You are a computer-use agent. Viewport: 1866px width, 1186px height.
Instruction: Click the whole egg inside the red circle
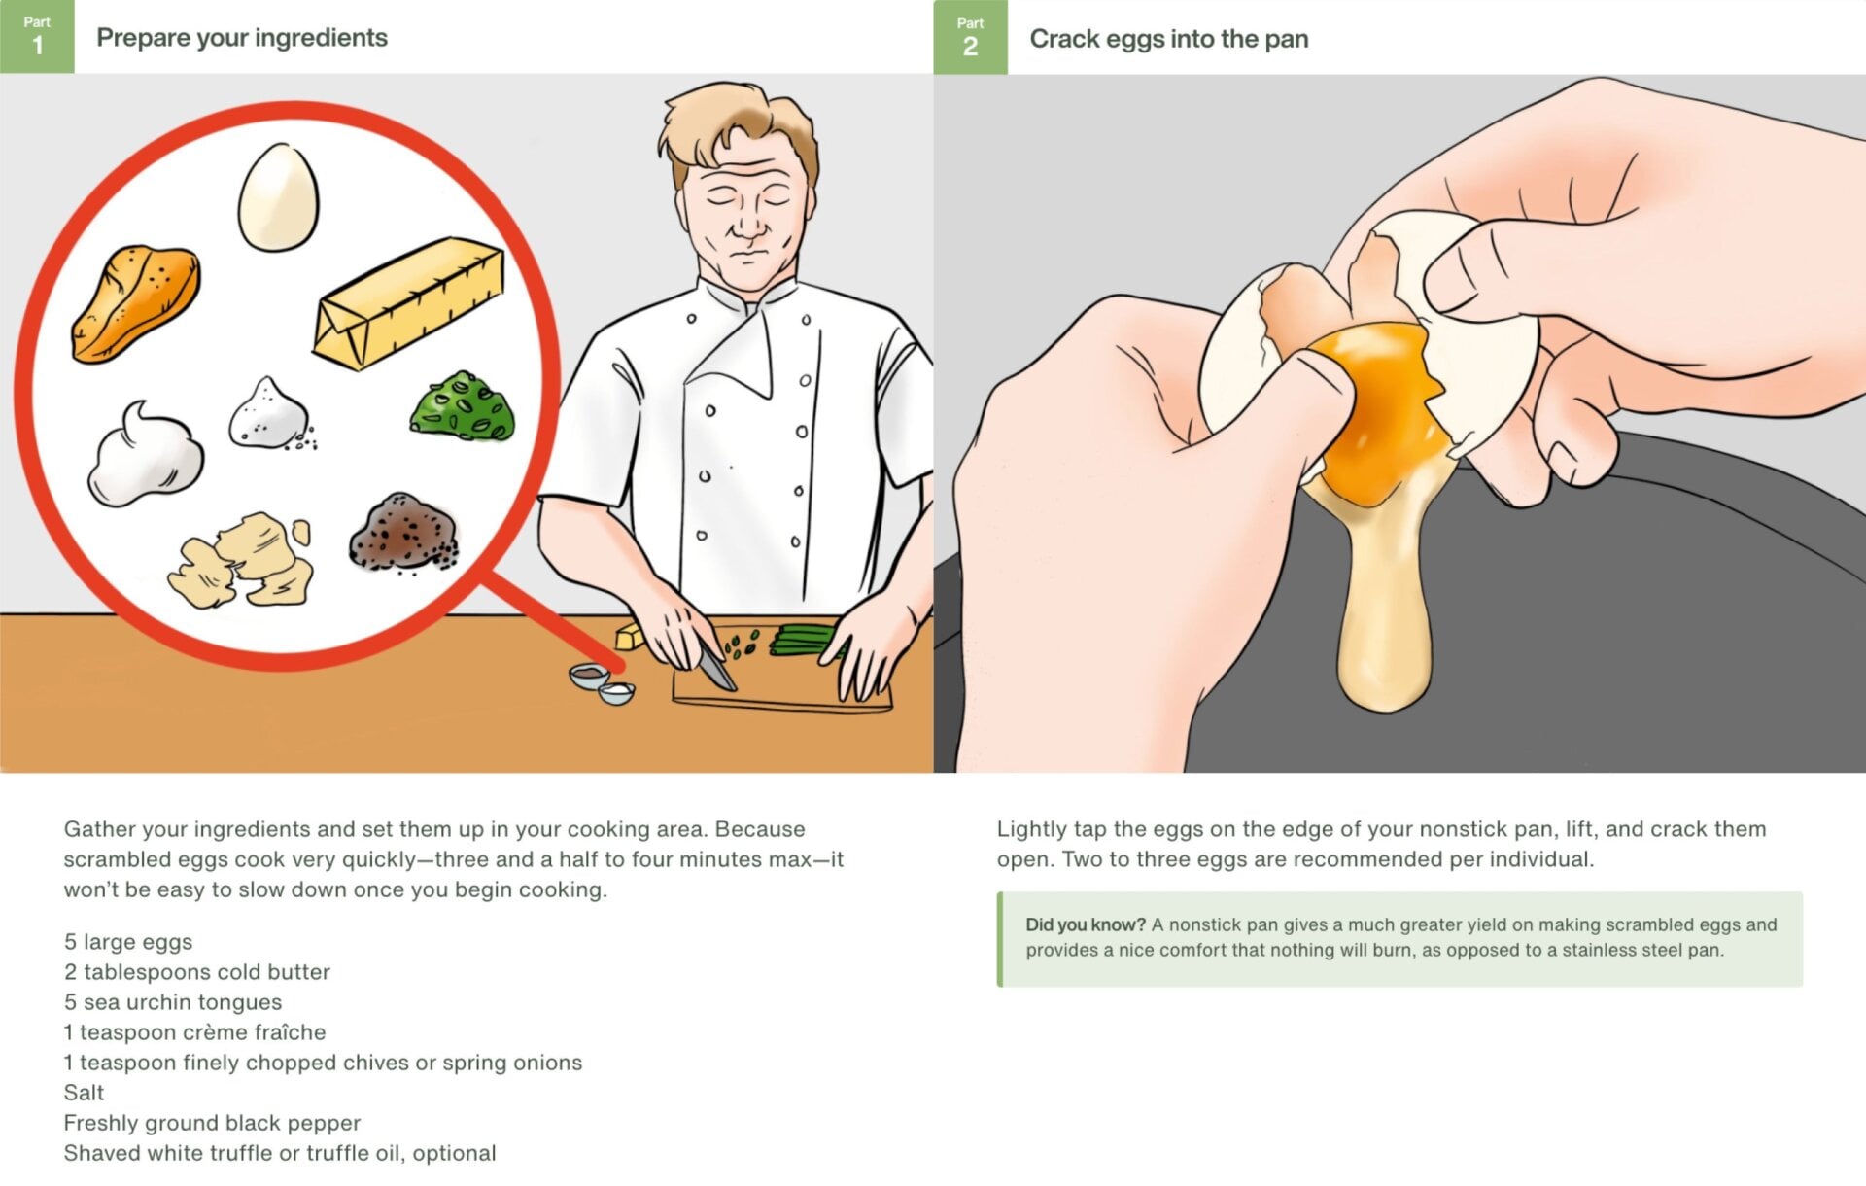pyautogui.click(x=278, y=196)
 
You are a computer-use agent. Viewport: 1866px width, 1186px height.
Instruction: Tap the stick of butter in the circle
pyautogui.click(x=409, y=304)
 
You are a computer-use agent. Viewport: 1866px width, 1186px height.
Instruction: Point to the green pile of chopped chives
pyautogui.click(x=463, y=405)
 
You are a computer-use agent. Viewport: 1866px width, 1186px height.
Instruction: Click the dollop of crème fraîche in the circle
pyautogui.click(x=146, y=455)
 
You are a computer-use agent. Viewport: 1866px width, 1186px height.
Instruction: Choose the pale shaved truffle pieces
pyautogui.click(x=241, y=560)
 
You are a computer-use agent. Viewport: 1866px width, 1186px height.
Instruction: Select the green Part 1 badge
pyautogui.click(x=37, y=37)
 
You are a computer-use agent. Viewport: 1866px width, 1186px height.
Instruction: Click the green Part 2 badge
pyautogui.click(x=970, y=37)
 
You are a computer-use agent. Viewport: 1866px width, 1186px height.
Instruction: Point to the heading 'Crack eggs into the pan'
pyautogui.click(x=1169, y=39)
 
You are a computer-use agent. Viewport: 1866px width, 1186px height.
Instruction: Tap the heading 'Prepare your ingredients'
pyautogui.click(x=242, y=38)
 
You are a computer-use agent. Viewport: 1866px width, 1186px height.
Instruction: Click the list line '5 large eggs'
pyautogui.click(x=128, y=942)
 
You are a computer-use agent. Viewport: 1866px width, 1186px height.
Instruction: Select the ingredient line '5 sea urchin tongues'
pyautogui.click(x=173, y=1002)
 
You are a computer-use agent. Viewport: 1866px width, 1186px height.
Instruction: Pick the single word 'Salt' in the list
pyautogui.click(x=84, y=1093)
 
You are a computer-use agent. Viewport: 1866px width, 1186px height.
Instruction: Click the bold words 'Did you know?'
pyautogui.click(x=1086, y=924)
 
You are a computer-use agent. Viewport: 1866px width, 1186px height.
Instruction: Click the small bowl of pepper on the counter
pyautogui.click(x=589, y=675)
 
